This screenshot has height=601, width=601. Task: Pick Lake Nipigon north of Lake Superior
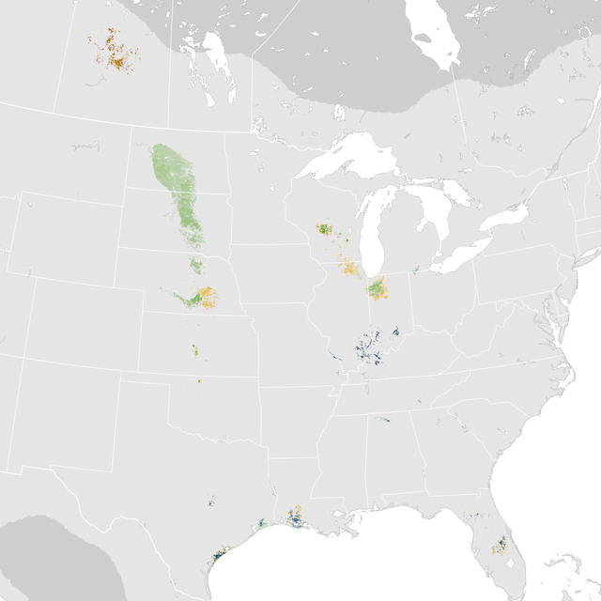point(339,113)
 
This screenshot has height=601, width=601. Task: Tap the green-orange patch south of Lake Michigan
point(378,288)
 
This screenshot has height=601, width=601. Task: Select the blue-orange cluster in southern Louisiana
point(296,517)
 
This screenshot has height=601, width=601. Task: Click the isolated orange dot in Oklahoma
point(199,380)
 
